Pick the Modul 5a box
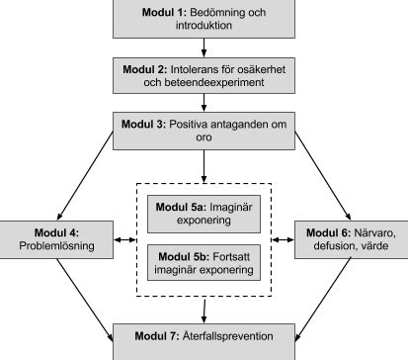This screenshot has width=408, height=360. tap(204, 213)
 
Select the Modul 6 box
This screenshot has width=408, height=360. tap(352, 238)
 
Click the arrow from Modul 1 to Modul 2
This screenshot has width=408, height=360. tap(203, 45)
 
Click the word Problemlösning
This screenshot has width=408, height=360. tap(54, 245)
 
